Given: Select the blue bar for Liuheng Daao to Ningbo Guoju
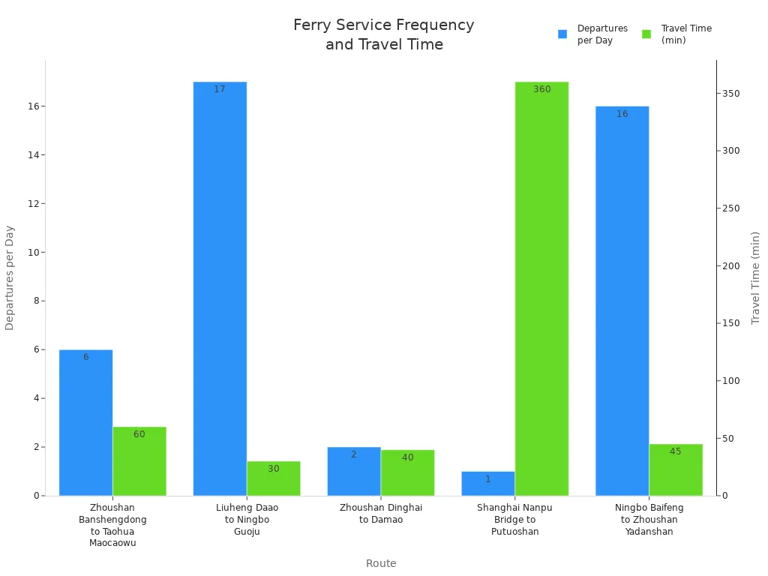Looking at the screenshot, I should click(220, 289).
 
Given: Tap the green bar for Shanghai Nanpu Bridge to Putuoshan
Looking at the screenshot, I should click(541, 289).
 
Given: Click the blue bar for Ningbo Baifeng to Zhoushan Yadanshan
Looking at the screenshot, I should click(622, 300).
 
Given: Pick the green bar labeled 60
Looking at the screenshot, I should click(139, 461).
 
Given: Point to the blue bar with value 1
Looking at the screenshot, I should click(487, 484).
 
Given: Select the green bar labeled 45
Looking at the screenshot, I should click(676, 470).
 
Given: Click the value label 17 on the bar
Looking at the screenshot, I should click(220, 89).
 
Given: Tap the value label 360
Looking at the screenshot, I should click(541, 89).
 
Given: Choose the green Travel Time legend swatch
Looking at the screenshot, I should click(646, 34).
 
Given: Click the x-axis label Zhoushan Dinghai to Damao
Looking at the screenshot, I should click(381, 514).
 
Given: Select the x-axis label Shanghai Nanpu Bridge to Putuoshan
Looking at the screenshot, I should click(514, 520).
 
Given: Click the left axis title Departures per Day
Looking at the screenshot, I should click(10, 277).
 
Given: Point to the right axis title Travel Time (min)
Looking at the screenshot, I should click(755, 277).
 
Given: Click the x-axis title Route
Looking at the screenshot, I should click(381, 563).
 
